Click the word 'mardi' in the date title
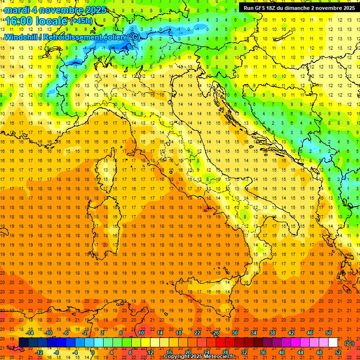[17, 10]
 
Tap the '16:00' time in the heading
[20, 21]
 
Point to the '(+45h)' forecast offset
[81, 21]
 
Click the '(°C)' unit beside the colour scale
[349, 343]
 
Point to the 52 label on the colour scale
[338, 352]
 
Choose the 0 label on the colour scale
[93, 352]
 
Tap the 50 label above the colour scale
[329, 333]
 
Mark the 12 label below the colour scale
[150, 352]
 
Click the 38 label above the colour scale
[272, 333]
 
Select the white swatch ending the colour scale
[333, 343]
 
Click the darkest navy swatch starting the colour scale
[23, 343]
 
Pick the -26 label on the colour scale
[215, 333]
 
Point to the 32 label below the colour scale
[244, 352]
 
